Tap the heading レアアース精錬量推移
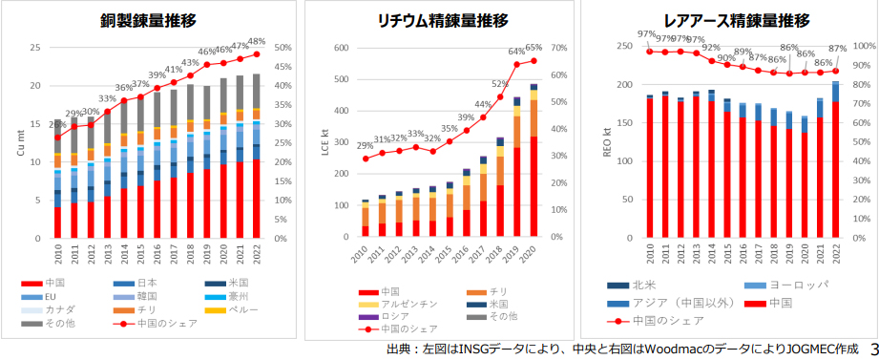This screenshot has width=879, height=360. click(736, 20)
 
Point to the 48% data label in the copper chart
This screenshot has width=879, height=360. click(256, 42)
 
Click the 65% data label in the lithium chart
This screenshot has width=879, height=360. click(534, 48)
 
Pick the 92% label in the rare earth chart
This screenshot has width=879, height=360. click(711, 47)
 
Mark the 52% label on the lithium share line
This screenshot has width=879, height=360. click(500, 84)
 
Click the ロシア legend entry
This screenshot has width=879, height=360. click(393, 316)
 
